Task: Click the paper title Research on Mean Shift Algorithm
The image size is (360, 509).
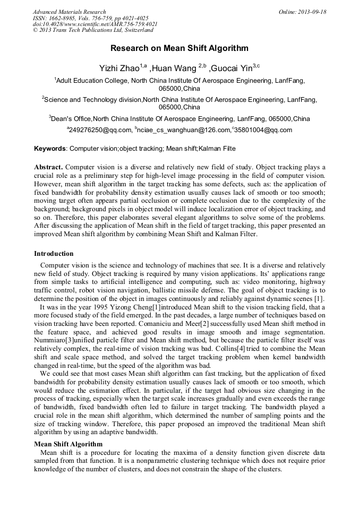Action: [x=179, y=48]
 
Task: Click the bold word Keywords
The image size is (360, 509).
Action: [x=50, y=149]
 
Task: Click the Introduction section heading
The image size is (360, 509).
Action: [x=54, y=254]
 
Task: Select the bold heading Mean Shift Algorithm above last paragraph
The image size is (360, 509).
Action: [x=68, y=444]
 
